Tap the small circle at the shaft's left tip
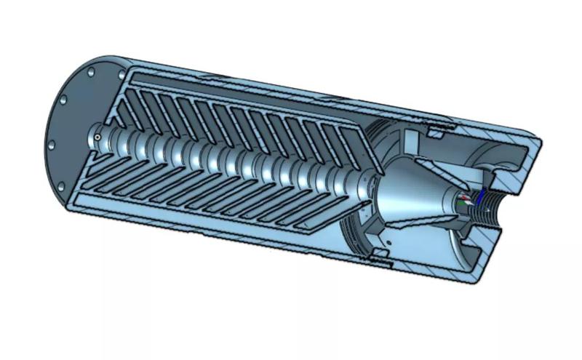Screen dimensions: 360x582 97,136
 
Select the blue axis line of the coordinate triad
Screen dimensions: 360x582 480,199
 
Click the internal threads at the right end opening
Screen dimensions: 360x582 496,207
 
